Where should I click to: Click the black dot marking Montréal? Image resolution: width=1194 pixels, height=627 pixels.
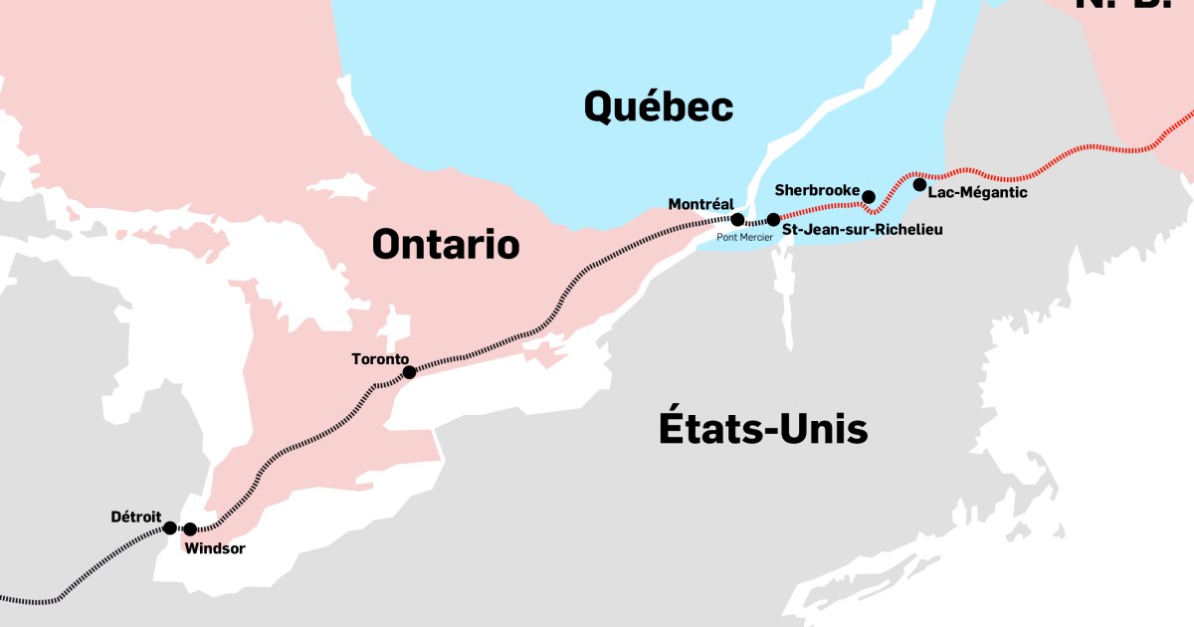pos(737,219)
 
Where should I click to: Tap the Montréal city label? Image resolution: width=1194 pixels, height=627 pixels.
pos(700,204)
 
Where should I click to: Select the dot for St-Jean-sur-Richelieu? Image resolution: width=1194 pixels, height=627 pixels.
pos(773,219)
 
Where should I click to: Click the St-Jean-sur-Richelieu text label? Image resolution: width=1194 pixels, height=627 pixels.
pos(863,230)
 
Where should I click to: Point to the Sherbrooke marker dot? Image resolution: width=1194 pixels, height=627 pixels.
pos(868,196)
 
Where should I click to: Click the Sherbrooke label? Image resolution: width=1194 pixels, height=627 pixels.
pos(816,189)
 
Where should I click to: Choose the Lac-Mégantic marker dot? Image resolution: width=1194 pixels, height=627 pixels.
pos(919,184)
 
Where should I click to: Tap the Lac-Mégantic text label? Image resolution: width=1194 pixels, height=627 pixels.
pos(977,192)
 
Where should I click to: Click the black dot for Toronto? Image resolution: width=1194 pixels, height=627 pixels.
pos(409,372)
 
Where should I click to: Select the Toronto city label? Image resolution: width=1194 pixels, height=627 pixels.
pos(380,358)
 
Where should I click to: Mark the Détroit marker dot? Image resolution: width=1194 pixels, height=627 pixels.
pos(170,527)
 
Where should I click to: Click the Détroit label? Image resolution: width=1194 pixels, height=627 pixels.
pos(136,517)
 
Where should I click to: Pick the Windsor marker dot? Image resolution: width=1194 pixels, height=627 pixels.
pos(190,529)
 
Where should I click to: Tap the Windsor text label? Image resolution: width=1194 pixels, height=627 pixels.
pos(215,548)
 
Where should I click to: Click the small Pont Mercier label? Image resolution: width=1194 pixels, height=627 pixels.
pos(744,238)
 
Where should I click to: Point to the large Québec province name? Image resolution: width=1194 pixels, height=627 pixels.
pos(658,105)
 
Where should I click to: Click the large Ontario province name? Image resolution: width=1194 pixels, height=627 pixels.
pos(446,244)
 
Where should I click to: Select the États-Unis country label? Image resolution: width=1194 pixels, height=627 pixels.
pos(762,429)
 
